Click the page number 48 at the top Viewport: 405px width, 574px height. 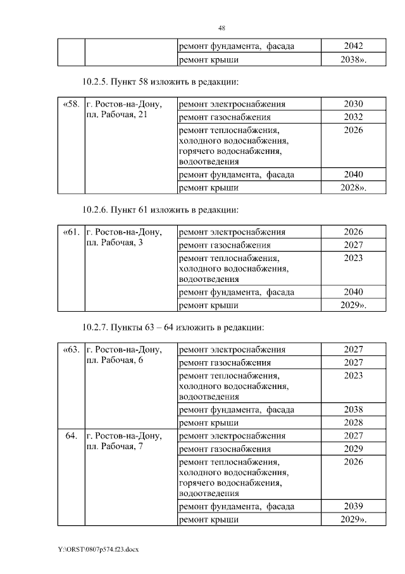(x=221, y=28)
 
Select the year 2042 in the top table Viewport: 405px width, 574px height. (x=353, y=46)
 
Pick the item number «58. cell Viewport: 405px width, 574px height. (x=72, y=104)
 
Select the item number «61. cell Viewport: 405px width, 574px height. (x=72, y=232)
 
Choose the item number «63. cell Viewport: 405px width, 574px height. (x=72, y=349)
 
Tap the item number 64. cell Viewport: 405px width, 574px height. (x=72, y=436)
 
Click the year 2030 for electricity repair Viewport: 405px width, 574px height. (x=353, y=104)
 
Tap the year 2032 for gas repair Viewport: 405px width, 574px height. (x=353, y=117)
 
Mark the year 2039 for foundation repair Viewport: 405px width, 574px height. (x=353, y=506)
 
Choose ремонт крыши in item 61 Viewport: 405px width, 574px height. (x=209, y=305)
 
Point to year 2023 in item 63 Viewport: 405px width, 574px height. (x=353, y=376)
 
